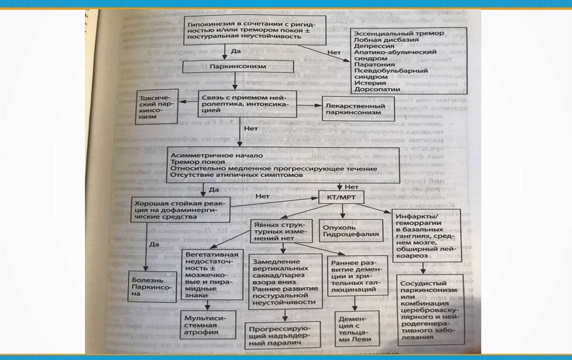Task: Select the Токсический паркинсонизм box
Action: tap(156, 106)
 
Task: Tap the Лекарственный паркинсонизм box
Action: tap(357, 109)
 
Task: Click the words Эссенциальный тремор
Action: tap(399, 34)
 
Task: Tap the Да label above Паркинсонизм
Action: tap(236, 51)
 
